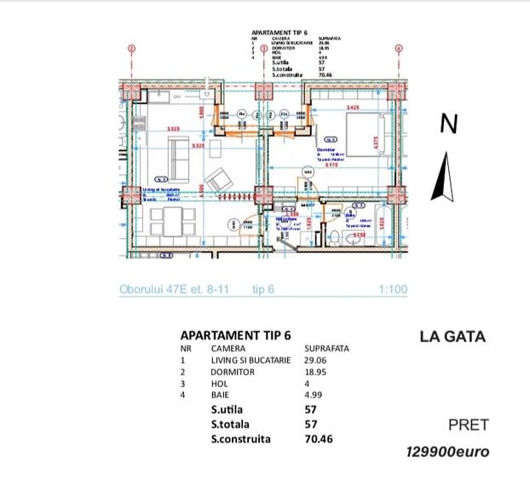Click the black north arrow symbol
pyautogui.click(x=444, y=176)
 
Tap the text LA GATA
pyautogui.click(x=452, y=337)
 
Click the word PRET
pyautogui.click(x=467, y=425)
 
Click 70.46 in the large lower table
pyautogui.click(x=321, y=440)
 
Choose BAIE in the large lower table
pyautogui.click(x=220, y=396)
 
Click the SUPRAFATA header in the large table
pyautogui.click(x=326, y=349)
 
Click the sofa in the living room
pyautogui.click(x=179, y=153)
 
